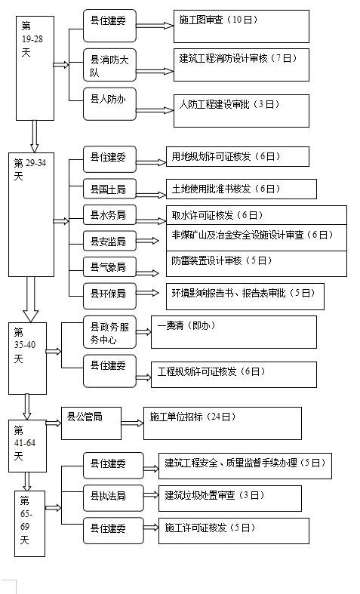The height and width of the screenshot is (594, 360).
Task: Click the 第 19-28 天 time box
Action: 35,68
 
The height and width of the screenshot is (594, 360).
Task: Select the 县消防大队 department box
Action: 109,65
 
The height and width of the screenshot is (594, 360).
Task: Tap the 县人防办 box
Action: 109,105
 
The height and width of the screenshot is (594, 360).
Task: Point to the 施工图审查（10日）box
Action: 242,26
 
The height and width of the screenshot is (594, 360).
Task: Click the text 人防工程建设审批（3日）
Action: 229,105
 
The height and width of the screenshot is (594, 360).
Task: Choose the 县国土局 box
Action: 109,189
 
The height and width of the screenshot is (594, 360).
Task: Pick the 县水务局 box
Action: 109,215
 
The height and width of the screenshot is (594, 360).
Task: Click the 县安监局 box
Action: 109,241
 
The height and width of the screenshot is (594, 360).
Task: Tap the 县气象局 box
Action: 109,267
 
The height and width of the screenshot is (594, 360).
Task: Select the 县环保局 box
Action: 109,296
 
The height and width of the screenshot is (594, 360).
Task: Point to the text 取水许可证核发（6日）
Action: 217,216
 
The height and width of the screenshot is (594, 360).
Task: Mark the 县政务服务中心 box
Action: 109,332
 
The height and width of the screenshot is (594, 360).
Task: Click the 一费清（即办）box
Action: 234,332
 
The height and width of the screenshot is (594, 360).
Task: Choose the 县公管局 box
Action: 91,423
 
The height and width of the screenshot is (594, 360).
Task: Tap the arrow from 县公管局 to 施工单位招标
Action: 132,423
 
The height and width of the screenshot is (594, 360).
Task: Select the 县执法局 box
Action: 113,498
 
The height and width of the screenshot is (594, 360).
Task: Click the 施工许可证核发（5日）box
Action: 234,531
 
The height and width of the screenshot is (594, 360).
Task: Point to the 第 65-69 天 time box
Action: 30,524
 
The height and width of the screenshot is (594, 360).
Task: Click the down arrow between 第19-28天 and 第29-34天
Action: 35,137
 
